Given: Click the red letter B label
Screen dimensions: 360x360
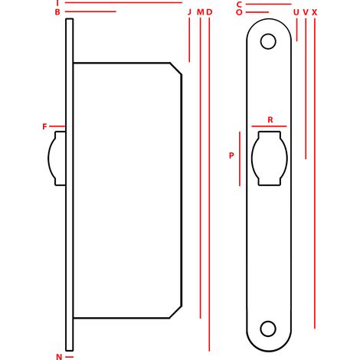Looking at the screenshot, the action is [57, 12].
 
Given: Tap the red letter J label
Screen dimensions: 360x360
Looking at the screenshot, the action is [189, 12].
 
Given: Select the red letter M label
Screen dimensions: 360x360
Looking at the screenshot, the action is [201, 12].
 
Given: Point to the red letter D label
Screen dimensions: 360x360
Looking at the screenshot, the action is [209, 12].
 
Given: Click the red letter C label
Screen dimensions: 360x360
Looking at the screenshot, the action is [239, 5].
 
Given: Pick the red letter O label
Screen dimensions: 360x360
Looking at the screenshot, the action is [239, 12].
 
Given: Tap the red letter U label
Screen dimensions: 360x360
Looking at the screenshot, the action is [296, 12].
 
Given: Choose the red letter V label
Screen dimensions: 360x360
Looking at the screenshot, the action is [306, 12].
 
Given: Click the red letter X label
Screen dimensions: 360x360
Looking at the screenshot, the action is [315, 12].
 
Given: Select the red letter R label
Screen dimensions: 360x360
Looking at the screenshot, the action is [270, 119].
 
